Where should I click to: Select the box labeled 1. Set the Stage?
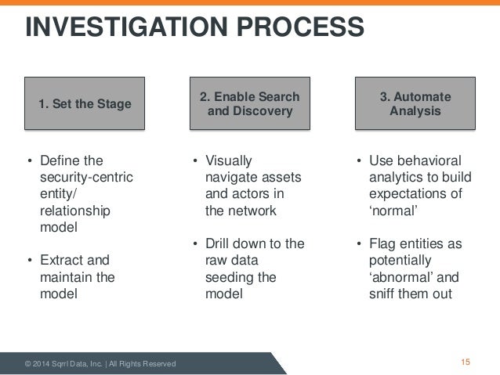click(85, 103)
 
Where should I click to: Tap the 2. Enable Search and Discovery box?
click(250, 103)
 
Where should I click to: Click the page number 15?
click(466, 362)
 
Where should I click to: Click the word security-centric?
click(86, 178)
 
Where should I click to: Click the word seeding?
click(226, 277)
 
